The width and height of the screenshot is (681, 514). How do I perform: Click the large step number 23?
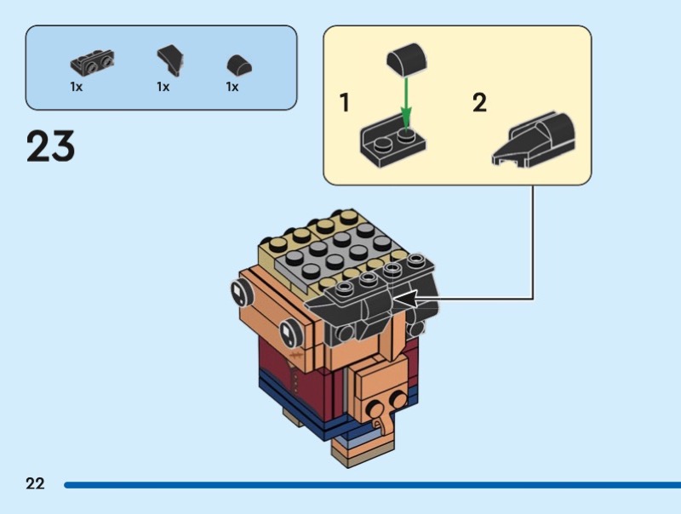click(x=51, y=146)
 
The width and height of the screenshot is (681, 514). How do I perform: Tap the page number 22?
click(x=35, y=484)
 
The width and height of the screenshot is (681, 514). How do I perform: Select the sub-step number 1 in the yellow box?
click(x=345, y=104)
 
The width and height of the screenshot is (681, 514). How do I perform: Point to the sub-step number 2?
click(x=480, y=104)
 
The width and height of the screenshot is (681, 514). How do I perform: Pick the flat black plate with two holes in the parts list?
click(x=92, y=61)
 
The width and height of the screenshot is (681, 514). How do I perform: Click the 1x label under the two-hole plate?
click(x=77, y=87)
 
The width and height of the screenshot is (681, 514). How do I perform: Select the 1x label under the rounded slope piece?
click(x=232, y=87)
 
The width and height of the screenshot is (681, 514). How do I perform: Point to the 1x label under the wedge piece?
click(x=163, y=87)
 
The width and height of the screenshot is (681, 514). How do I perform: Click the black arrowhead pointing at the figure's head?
click(x=403, y=299)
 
